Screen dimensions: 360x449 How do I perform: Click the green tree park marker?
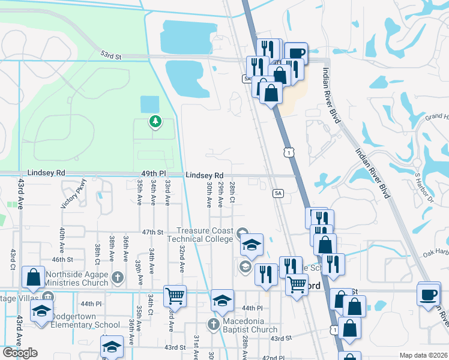point(155,122)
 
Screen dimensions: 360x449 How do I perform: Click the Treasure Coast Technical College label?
point(204,235)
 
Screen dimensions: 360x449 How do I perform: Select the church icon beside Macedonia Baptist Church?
point(212,325)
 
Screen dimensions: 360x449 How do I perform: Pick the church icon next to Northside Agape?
point(118,278)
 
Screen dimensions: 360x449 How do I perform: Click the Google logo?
point(20,353)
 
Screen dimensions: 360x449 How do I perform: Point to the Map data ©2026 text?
point(423,355)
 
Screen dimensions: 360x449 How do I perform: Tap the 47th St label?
point(152,232)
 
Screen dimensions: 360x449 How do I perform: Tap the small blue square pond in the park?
point(149,104)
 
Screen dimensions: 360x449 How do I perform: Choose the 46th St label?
point(62,260)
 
